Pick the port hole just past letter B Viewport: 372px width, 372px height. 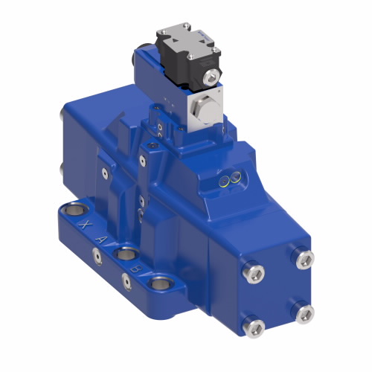click(x=158, y=283)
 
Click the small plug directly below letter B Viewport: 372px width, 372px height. click(x=126, y=280)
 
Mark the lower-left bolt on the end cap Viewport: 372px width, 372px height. click(x=254, y=325)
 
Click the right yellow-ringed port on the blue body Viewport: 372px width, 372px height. click(x=234, y=177)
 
